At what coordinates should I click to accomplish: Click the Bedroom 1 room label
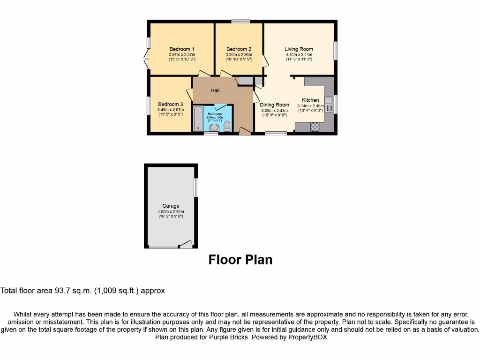click(x=182, y=49)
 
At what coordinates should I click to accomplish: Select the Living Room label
click(x=299, y=49)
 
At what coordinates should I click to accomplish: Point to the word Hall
click(x=215, y=90)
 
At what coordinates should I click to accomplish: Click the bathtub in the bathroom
click(x=198, y=119)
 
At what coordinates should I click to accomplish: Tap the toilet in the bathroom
click(x=227, y=126)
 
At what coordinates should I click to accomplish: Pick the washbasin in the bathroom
click(x=214, y=127)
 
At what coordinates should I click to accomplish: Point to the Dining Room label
click(x=275, y=105)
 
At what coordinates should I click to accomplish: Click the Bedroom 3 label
click(x=171, y=104)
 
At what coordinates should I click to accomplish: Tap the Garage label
click(x=171, y=206)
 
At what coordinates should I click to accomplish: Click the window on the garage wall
click(x=196, y=187)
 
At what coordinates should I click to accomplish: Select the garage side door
click(x=186, y=244)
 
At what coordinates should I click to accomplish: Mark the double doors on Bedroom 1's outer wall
click(x=146, y=59)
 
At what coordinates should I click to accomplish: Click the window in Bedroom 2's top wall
click(x=240, y=21)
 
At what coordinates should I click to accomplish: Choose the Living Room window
click(x=335, y=51)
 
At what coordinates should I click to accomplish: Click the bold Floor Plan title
click(x=240, y=260)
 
